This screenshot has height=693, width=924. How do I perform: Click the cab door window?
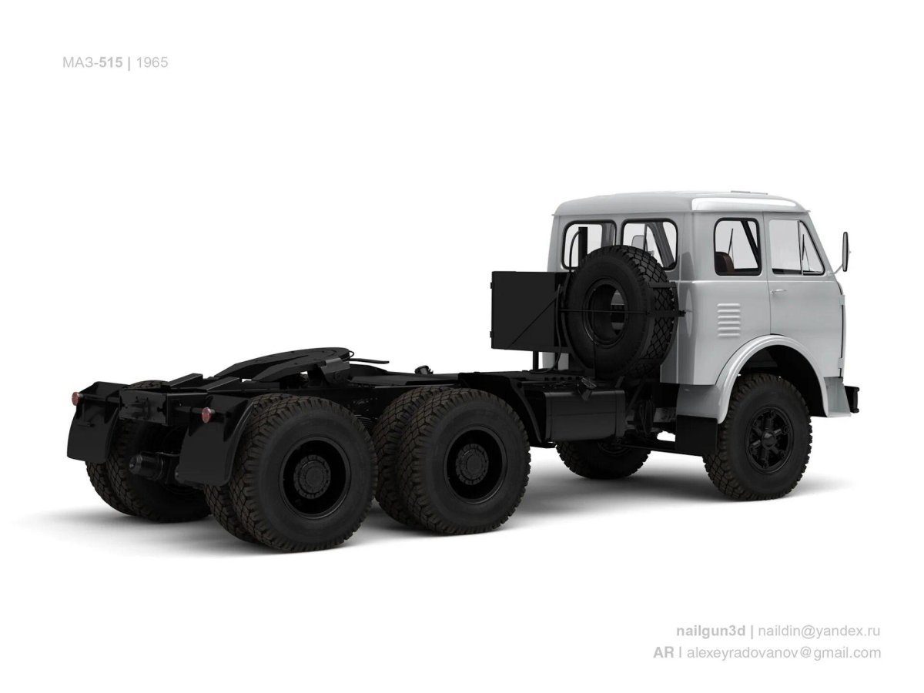(x=796, y=246)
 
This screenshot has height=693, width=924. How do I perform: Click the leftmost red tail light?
(x=75, y=398)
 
